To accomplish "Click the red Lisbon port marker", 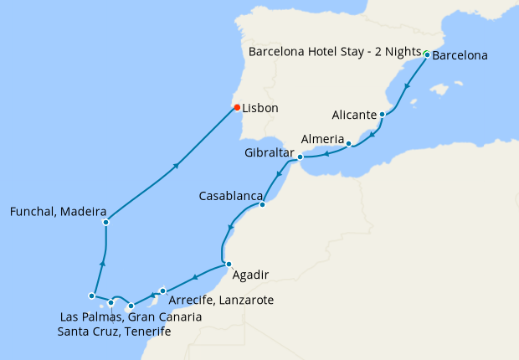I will click(237, 107).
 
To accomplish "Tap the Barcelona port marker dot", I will click(427, 55).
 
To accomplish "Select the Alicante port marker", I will click(383, 115).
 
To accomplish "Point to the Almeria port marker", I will click(348, 144).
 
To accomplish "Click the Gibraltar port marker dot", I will click(300, 157).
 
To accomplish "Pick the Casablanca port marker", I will click(262, 204).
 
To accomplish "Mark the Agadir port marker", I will click(229, 265).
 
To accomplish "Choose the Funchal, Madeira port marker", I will click(105, 222).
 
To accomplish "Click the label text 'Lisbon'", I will click(260, 108).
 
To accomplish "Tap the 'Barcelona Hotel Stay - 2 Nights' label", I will click(335, 52).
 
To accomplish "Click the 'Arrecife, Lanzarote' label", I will click(220, 300).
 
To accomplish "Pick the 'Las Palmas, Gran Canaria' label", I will click(131, 316).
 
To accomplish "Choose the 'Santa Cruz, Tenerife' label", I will click(114, 332).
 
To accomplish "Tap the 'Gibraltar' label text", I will click(270, 153).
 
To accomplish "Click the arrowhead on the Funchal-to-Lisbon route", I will click(177, 165).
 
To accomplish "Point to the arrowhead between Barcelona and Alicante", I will click(407, 86).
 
